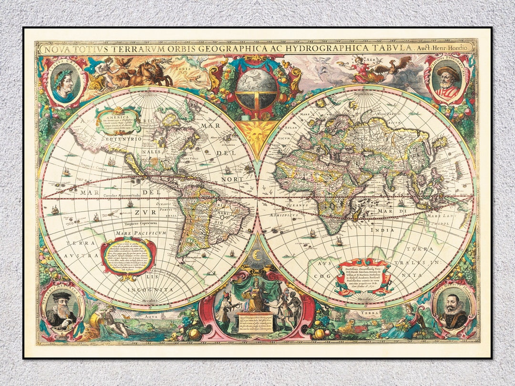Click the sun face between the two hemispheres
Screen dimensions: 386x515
[x=257, y=131]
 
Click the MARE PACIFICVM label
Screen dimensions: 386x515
[x=140, y=233]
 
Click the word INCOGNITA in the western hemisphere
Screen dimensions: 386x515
[x=153, y=290]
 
